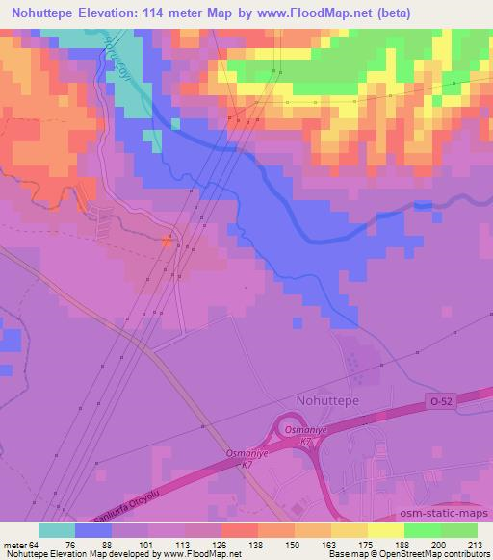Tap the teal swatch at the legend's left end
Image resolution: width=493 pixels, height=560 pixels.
(58, 529)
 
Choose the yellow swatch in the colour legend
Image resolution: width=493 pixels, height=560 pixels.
(386, 529)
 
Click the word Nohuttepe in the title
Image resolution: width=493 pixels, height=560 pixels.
(41, 14)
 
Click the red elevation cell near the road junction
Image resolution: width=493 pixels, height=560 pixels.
(167, 242)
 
